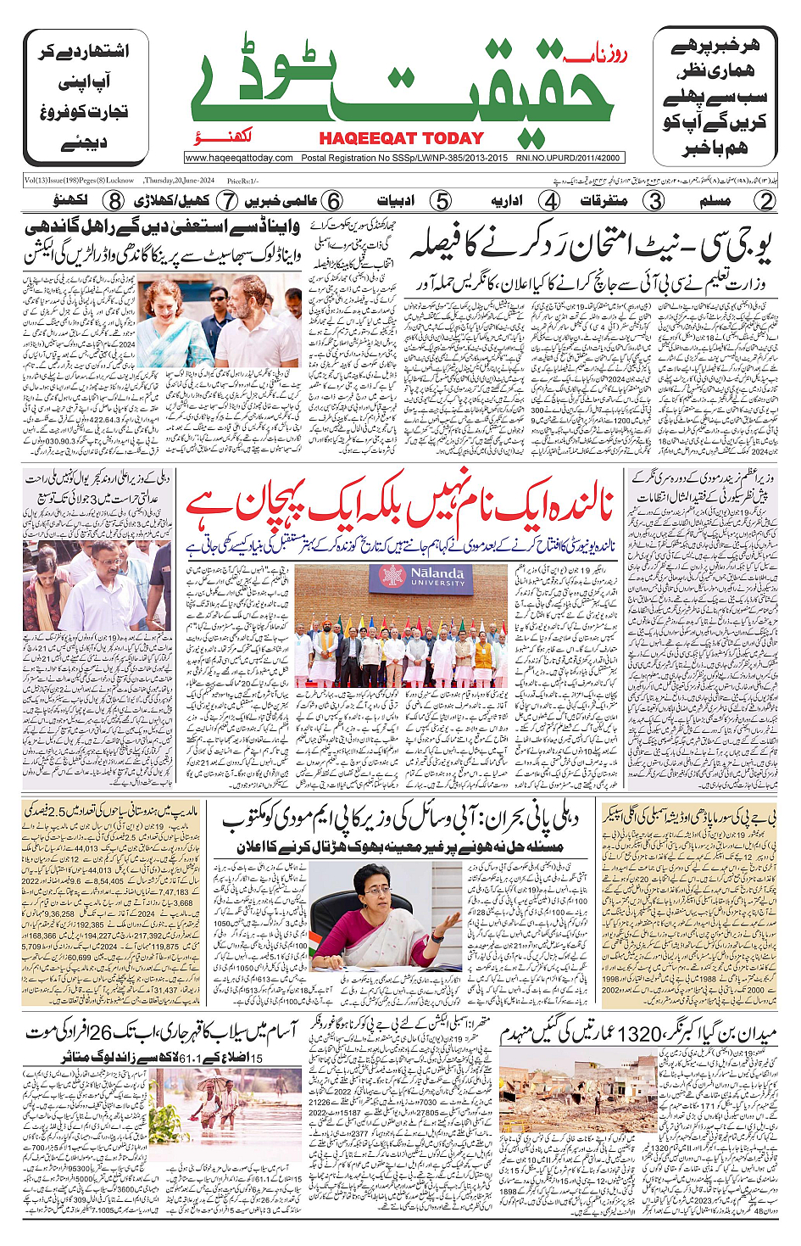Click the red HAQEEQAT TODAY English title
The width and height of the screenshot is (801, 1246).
click(x=401, y=138)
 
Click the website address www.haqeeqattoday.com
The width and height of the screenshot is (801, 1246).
click(x=239, y=158)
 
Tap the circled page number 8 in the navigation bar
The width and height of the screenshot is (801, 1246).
click(x=114, y=201)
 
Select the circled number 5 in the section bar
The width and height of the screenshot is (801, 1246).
click(x=441, y=201)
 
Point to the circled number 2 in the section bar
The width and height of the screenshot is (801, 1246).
click(x=765, y=201)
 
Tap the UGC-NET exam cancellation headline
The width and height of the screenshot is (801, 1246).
click(x=591, y=246)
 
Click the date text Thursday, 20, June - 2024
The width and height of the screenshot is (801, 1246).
click(x=179, y=181)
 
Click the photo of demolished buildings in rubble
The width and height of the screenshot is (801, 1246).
click(x=578, y=1092)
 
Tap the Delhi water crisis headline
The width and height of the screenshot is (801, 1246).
click(x=400, y=819)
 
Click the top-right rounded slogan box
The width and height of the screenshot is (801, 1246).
click(x=715, y=98)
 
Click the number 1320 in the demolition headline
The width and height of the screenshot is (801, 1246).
click(x=650, y=1034)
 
